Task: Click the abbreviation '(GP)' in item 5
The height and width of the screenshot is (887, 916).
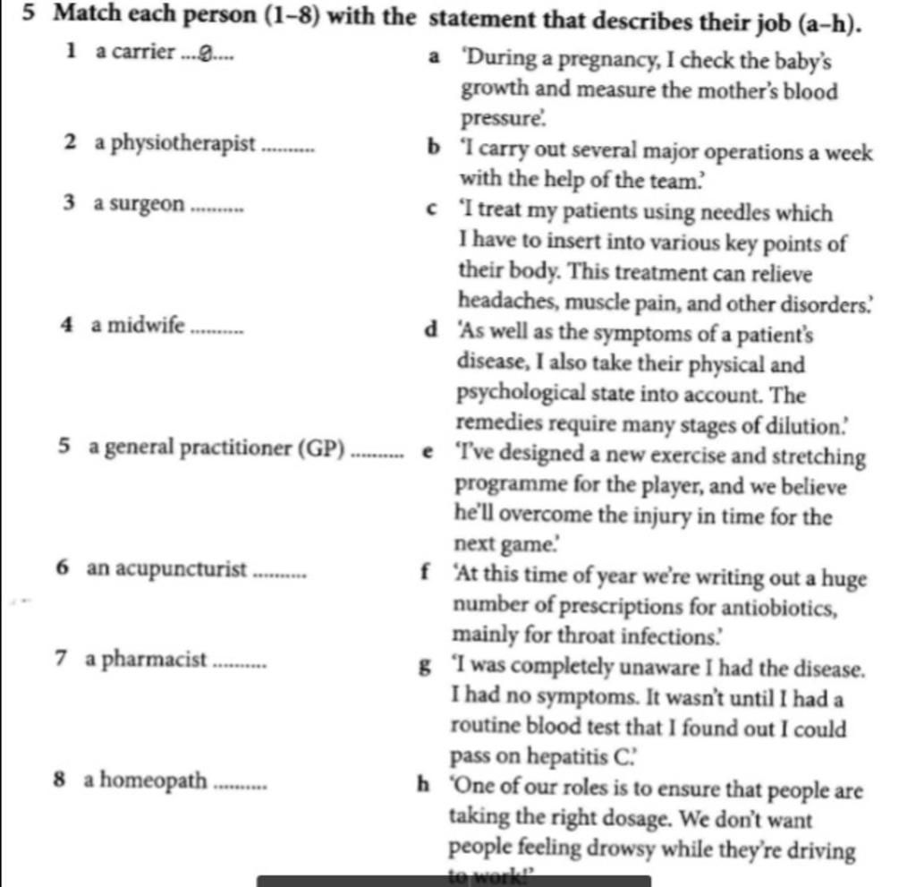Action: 324,448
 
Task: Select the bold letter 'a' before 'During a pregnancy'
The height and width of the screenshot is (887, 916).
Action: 433,60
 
